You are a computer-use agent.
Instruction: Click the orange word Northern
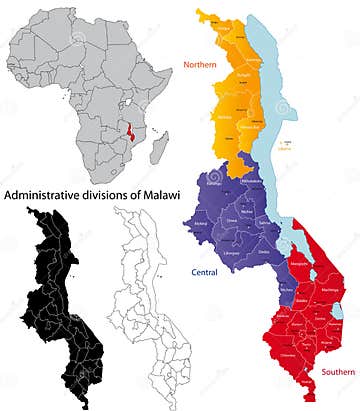tap(200, 66)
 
